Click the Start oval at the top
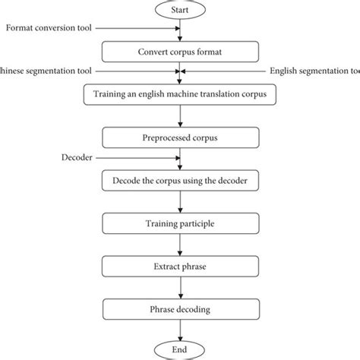point(180,11)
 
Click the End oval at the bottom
point(180,349)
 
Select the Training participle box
point(180,224)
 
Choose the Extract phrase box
point(180,267)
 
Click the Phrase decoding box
point(180,309)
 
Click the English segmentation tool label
point(314,71)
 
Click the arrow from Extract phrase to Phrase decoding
point(180,288)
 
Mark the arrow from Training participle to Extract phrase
point(180,245)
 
